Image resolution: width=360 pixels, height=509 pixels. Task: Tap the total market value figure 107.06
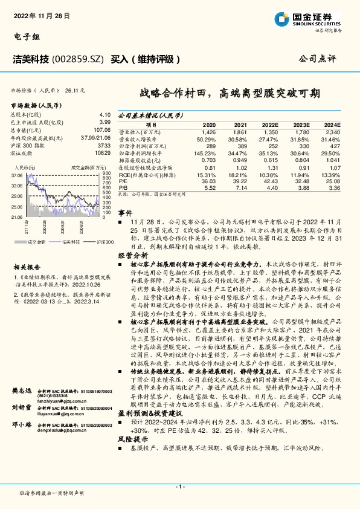103,129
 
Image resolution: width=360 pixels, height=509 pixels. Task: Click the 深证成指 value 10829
103,152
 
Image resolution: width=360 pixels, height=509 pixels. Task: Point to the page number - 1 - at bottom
179,487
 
